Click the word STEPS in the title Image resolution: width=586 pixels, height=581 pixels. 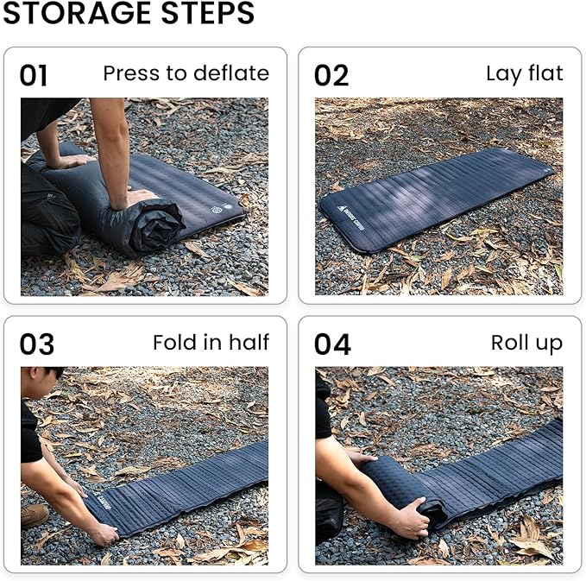[208, 14]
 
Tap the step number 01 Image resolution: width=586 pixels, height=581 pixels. [34, 76]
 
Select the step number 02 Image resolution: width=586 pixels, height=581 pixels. [331, 76]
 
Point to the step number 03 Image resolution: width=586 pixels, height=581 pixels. [36, 344]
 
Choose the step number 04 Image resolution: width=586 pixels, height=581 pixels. [332, 344]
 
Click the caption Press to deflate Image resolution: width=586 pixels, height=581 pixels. [186, 73]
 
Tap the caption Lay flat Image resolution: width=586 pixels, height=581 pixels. [524, 73]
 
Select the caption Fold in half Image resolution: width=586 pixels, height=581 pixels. [211, 343]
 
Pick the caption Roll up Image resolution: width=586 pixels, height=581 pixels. [526, 343]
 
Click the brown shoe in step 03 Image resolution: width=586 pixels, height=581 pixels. [35, 515]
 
